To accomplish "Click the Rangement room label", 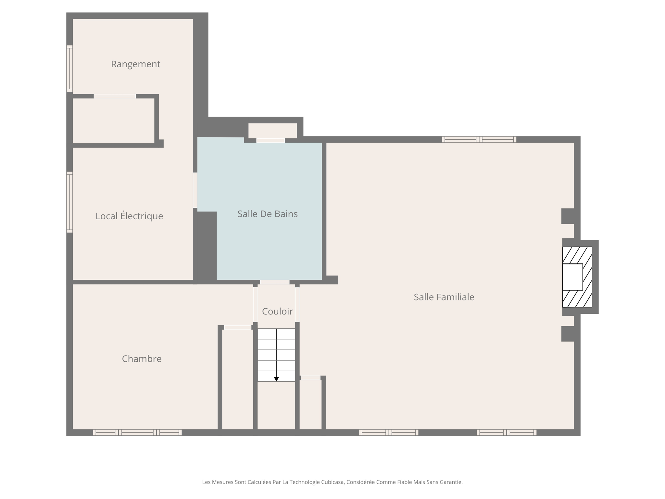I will tap(135, 64).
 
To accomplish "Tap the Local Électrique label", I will tap(129, 216).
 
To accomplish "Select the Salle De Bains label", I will tap(267, 214).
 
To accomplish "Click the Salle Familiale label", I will tap(444, 297).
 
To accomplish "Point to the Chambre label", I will tap(142, 359).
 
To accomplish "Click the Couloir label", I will tap(277, 311).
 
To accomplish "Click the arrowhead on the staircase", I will tap(276, 379).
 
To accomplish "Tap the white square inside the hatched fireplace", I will tap(572, 277).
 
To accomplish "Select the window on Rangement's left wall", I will tap(69, 69).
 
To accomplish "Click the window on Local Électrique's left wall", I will tap(69, 202).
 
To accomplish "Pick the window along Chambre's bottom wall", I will tap(137, 432).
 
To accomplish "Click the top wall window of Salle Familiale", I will tap(479, 139).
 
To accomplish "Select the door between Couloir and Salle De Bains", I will tap(274, 282).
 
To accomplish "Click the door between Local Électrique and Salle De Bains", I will tap(195, 190).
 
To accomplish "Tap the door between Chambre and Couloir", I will tap(255, 304).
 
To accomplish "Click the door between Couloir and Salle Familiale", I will tap(297, 304).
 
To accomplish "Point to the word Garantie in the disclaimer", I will tap(452, 482).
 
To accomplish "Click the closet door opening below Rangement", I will tap(115, 96).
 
